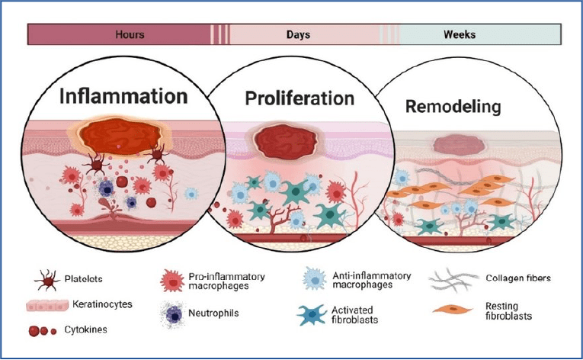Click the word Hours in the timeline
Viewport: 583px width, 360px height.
(x=130, y=34)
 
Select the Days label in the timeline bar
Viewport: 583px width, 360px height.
(x=298, y=34)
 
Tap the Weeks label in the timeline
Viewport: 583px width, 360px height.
(x=460, y=34)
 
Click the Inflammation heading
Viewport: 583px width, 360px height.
(x=123, y=96)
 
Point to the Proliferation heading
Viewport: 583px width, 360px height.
(x=300, y=98)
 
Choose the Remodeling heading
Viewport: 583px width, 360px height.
(x=453, y=107)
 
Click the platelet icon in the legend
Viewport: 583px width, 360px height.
(x=47, y=281)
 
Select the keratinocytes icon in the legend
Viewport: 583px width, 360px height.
(x=47, y=305)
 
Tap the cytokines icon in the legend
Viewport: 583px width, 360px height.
(x=43, y=330)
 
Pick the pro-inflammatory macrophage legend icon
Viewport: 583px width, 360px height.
(x=172, y=281)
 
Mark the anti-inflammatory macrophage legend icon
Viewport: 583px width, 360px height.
(x=315, y=279)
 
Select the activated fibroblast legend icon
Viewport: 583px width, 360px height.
(x=312, y=315)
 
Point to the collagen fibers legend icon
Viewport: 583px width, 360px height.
(x=453, y=280)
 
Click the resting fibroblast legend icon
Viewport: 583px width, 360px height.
(x=453, y=309)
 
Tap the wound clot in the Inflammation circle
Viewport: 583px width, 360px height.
(x=120, y=137)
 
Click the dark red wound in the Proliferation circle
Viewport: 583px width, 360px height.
(x=286, y=142)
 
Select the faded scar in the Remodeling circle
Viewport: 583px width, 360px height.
(x=459, y=145)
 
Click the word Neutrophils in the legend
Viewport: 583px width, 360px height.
(x=213, y=313)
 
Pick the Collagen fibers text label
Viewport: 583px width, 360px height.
(x=518, y=278)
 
